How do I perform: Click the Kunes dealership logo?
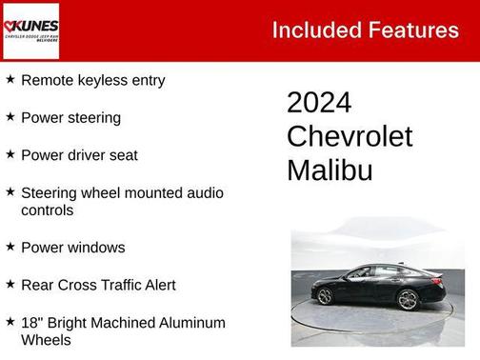click(x=30, y=30)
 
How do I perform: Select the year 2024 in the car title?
click(x=319, y=103)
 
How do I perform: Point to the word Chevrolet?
click(x=350, y=136)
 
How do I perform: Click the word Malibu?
click(x=330, y=170)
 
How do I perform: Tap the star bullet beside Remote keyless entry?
click(x=10, y=80)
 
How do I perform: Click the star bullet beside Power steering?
click(x=10, y=117)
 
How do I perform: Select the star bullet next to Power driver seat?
click(x=10, y=154)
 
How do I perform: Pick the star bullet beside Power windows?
click(x=10, y=247)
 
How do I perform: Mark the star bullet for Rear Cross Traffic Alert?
click(x=10, y=284)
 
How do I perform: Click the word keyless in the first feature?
click(x=99, y=81)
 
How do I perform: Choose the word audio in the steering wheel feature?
click(x=206, y=192)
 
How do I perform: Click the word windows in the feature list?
click(x=96, y=248)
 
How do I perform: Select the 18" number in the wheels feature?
click(x=30, y=323)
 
